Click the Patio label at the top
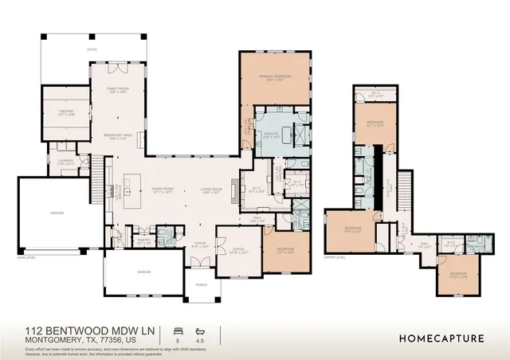(92, 49)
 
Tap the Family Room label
(116, 90)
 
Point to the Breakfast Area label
(117, 137)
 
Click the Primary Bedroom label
(275, 77)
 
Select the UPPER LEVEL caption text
(335, 257)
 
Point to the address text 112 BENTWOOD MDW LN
(92, 330)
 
